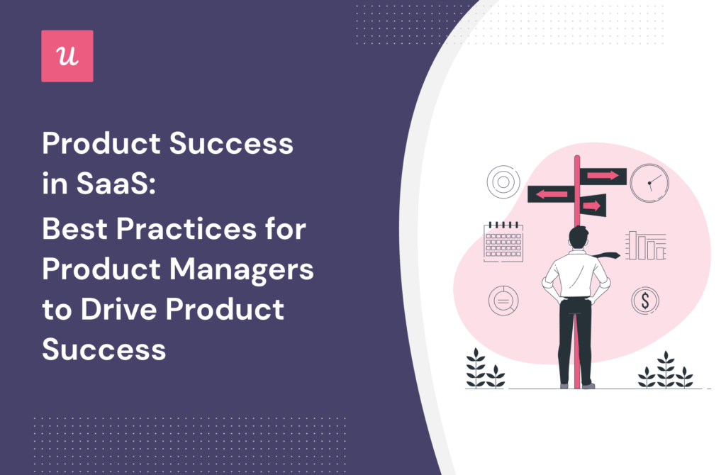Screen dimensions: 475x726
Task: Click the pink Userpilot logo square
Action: point(67,56)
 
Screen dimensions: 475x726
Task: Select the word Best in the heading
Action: point(74,232)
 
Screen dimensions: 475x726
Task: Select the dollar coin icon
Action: point(644,301)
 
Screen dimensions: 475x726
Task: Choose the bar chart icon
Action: point(645,245)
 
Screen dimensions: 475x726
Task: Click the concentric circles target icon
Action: point(503,181)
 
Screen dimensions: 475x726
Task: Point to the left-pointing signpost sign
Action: point(550,194)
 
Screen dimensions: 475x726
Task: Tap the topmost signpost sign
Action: point(603,175)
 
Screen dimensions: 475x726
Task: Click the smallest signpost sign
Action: point(593,206)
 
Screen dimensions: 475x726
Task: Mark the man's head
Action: point(579,238)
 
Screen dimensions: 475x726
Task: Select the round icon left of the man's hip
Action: point(503,300)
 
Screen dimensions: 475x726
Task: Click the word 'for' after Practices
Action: point(287,232)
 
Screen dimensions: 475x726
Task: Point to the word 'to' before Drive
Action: point(56,310)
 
